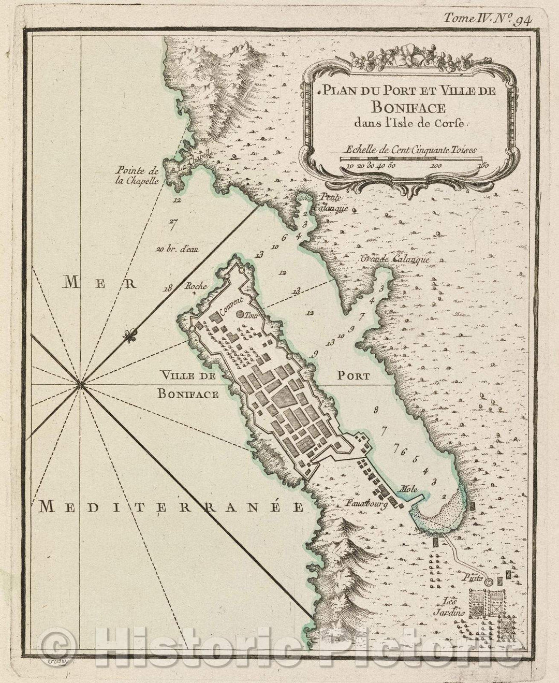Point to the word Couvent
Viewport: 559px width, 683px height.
point(230,308)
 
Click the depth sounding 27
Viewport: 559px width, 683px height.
point(173,224)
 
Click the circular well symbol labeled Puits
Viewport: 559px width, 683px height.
point(488,583)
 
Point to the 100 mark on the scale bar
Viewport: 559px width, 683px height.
point(435,166)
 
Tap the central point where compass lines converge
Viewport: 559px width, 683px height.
point(80,384)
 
